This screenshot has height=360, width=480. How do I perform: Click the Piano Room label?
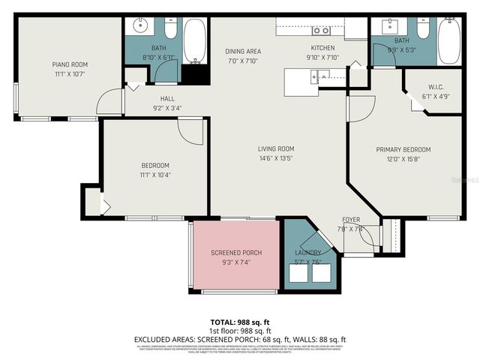pos(70,65)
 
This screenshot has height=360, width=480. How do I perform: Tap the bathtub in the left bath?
pos(195,41)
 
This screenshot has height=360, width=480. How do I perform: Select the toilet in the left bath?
pos(170,29)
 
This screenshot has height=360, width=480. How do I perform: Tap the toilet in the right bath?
pos(423,28)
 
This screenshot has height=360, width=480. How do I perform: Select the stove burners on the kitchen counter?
pos(322,31)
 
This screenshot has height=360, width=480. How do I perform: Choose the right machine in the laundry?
pos(324,274)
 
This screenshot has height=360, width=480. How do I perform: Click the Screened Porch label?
pos(235,253)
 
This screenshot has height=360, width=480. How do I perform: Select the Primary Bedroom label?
pos(403,149)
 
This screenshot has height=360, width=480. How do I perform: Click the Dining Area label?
pos(243,52)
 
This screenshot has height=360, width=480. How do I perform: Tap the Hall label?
pos(167,98)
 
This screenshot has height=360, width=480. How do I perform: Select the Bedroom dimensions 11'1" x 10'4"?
pos(156,175)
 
